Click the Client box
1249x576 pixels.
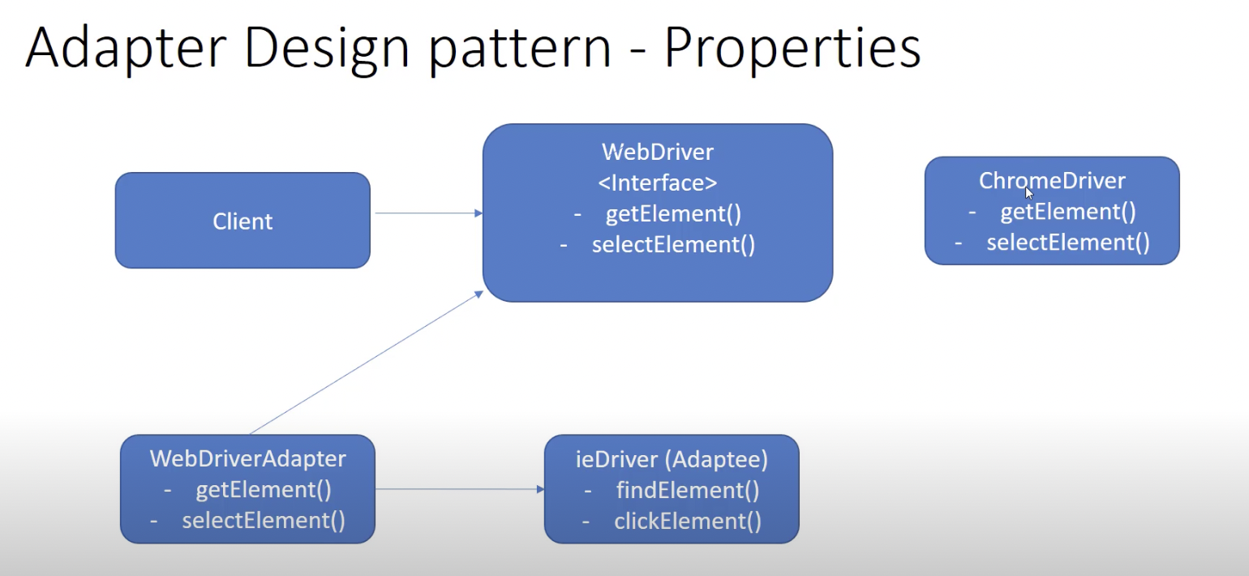point(243,221)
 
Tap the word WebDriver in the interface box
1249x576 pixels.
point(658,152)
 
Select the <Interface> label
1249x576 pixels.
point(658,183)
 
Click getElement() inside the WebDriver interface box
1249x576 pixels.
point(673,214)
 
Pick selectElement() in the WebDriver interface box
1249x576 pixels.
point(673,245)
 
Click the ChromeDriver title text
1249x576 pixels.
point(1052,180)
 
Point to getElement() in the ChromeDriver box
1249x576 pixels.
point(1067,212)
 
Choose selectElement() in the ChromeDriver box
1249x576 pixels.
point(1067,243)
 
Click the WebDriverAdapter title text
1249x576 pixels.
point(247,458)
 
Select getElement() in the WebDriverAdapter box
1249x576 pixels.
point(264,490)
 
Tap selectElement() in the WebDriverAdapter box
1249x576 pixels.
point(264,521)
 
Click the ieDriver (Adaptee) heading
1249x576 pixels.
point(672,459)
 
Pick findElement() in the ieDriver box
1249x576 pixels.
point(687,490)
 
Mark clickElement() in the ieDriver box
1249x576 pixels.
point(687,521)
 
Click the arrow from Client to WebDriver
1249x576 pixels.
point(427,213)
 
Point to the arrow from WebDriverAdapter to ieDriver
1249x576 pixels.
point(458,489)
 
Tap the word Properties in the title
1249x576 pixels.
point(792,49)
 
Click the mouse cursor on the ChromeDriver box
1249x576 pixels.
point(1029,193)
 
